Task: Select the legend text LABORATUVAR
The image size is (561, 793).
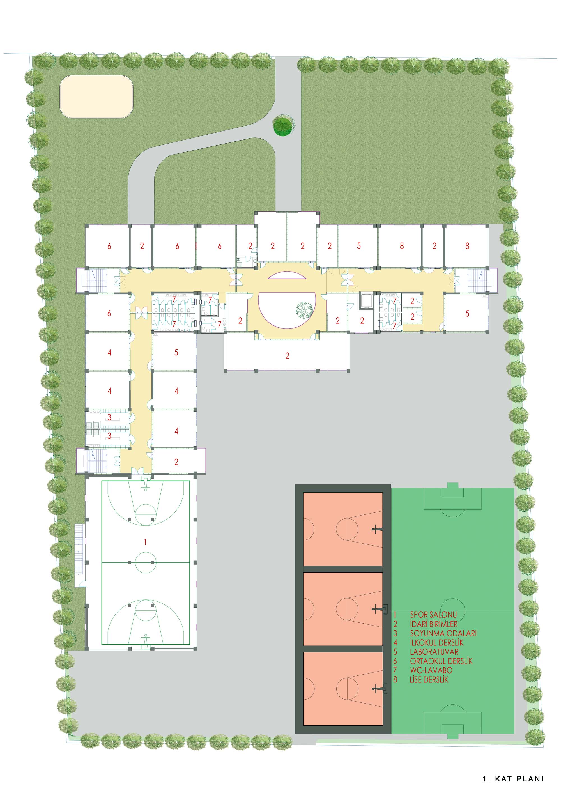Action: tap(434, 652)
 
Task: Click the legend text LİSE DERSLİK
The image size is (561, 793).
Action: tap(429, 679)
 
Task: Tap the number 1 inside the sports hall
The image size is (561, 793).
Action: tap(145, 542)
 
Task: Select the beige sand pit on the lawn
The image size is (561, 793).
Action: tap(97, 97)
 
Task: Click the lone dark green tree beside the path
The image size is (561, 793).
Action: tap(284, 125)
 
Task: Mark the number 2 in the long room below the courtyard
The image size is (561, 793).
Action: tap(287, 356)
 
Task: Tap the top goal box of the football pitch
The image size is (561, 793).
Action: tap(453, 498)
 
